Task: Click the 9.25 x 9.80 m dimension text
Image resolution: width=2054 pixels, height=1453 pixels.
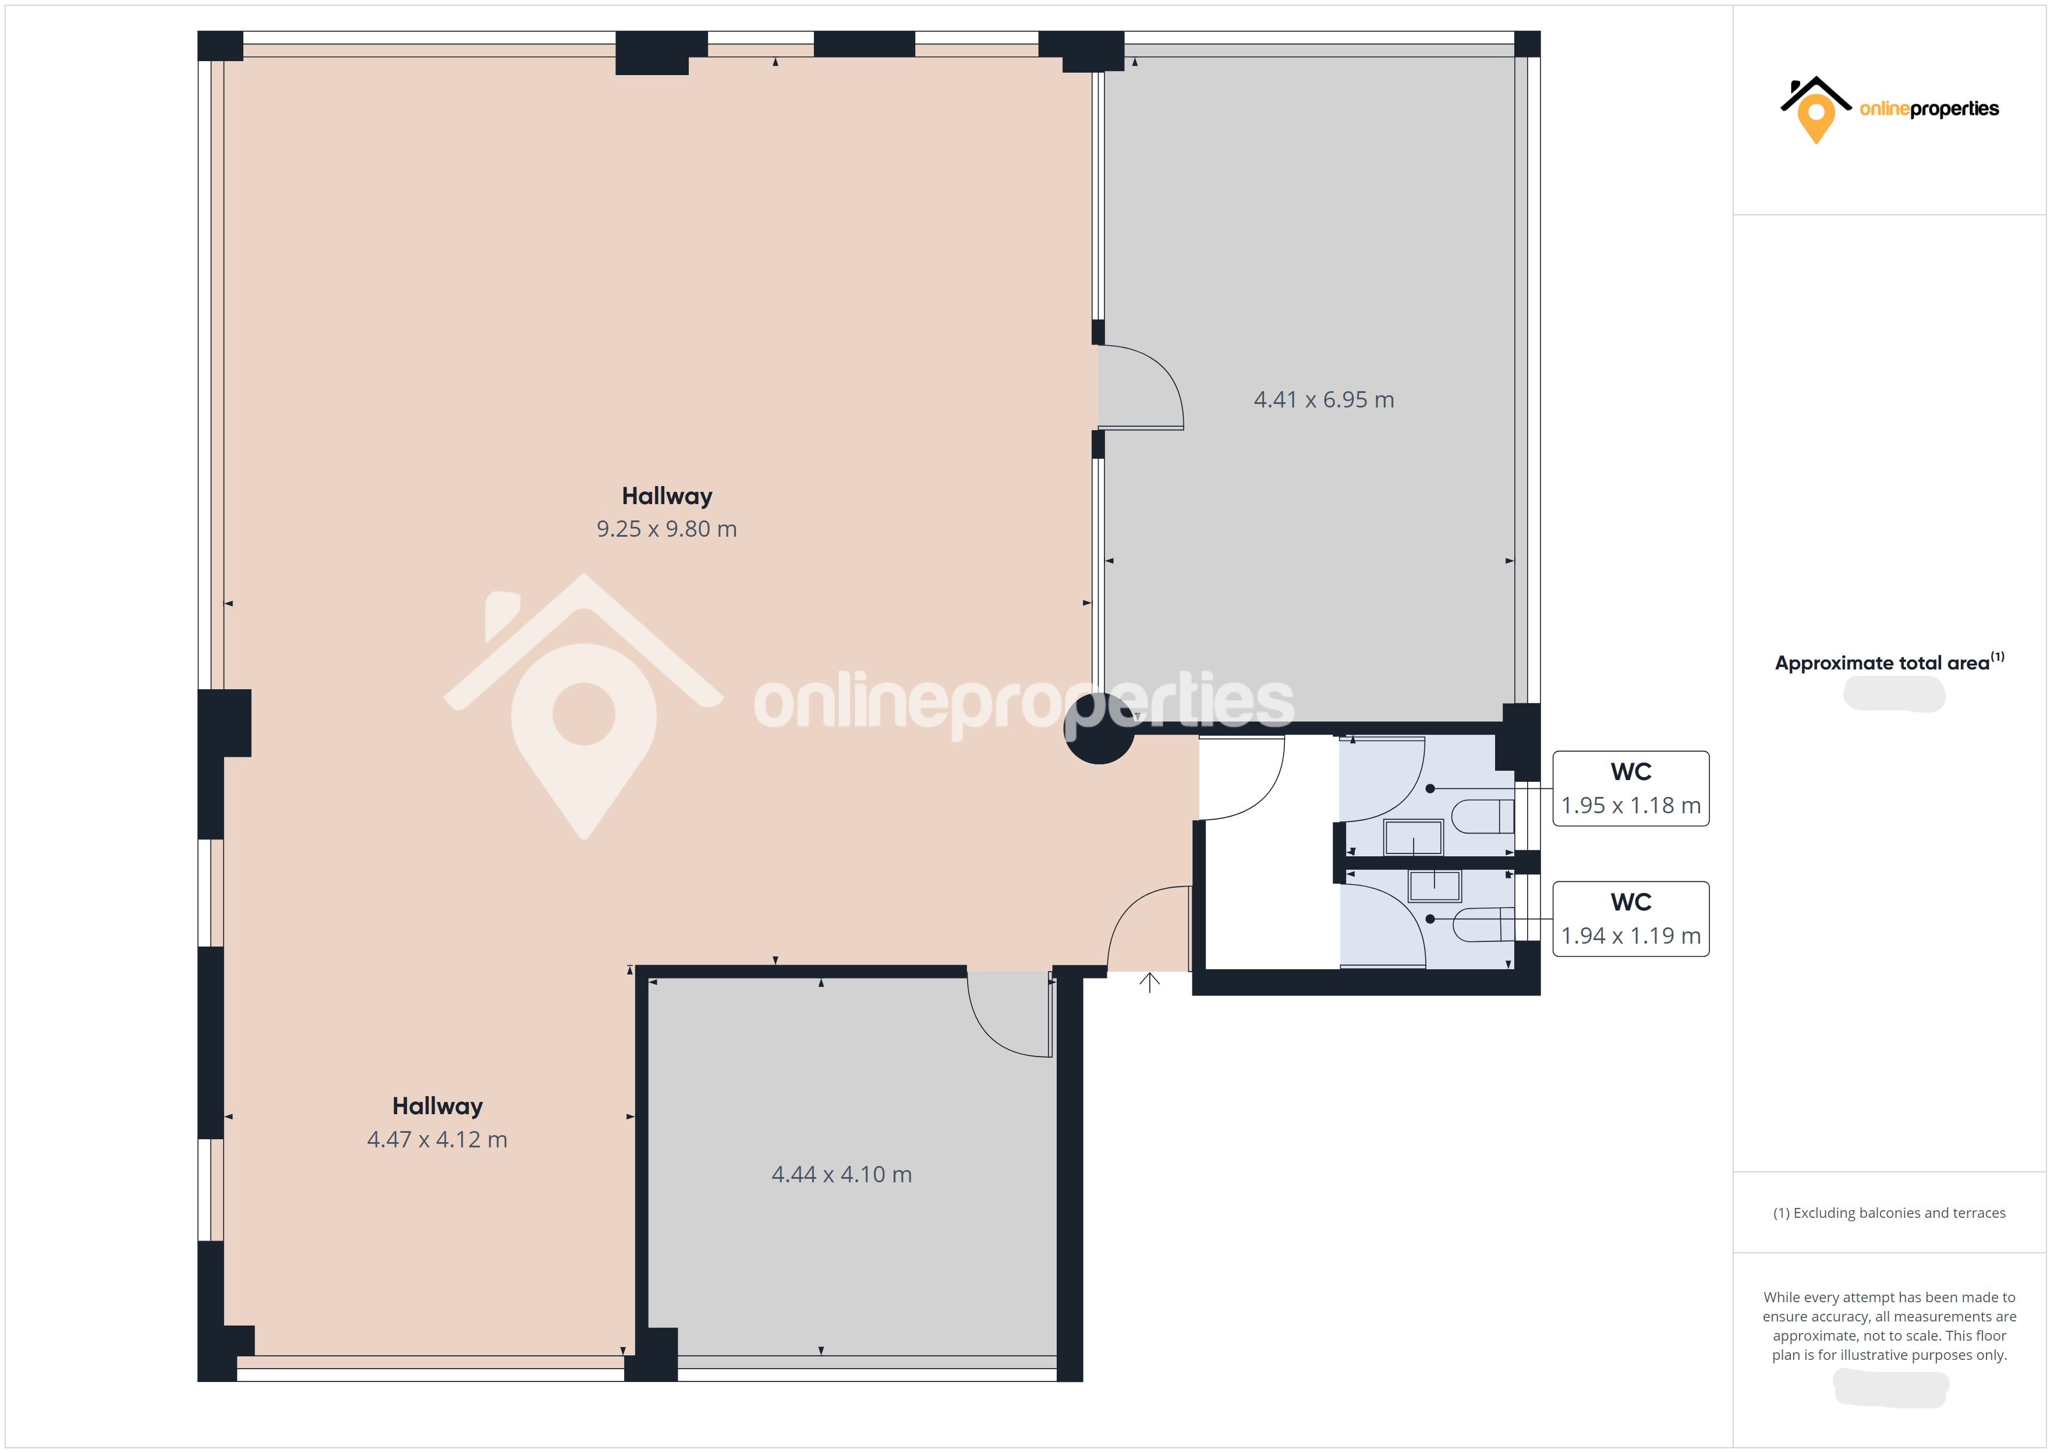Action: [x=667, y=529]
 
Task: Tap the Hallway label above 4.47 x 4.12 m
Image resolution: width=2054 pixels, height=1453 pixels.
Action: [x=437, y=1107]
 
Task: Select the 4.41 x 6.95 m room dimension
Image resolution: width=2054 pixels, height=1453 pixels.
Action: [x=1324, y=400]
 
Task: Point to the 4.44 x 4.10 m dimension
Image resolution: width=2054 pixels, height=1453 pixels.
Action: [x=842, y=1175]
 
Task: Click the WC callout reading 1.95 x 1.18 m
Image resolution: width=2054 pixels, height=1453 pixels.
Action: [x=1631, y=788]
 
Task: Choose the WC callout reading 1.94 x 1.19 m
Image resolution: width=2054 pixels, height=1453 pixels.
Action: [x=1631, y=919]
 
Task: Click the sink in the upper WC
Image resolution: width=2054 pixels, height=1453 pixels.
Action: [x=1414, y=838]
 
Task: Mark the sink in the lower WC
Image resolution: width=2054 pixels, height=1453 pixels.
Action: [x=1435, y=886]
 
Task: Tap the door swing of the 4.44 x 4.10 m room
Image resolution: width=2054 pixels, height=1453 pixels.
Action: [x=993, y=1033]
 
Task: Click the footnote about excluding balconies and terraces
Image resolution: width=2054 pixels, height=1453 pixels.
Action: [x=1889, y=1213]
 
